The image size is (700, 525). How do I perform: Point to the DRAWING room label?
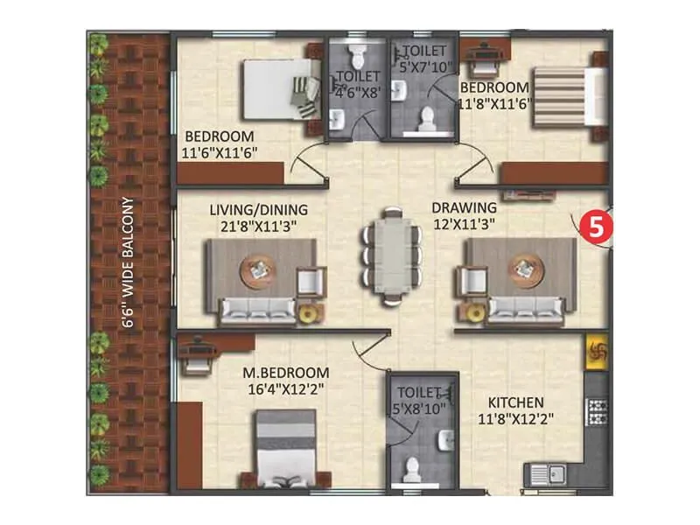coord(464,207)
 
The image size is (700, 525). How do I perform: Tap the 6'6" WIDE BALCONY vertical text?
coord(128,262)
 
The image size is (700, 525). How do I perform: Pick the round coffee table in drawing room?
coord(524,270)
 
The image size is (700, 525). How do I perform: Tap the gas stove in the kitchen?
coord(598,411)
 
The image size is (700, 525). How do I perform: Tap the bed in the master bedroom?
coord(285,451)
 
